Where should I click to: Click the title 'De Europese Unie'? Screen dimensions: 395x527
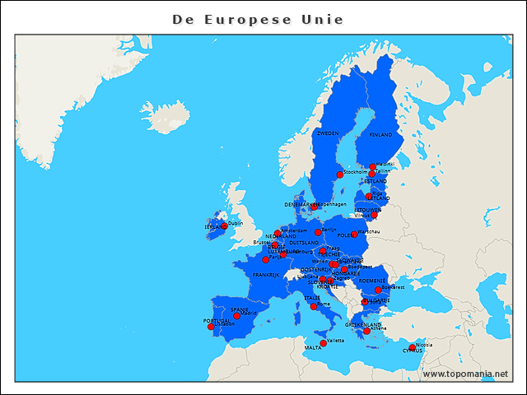tap(258, 19)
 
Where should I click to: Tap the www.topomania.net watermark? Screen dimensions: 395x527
tap(465, 374)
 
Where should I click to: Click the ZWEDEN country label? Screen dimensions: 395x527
tap(327, 132)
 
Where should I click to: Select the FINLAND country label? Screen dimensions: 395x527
tap(380, 134)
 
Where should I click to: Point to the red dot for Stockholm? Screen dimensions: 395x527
tap(339, 174)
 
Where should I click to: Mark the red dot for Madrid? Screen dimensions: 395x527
tap(236, 316)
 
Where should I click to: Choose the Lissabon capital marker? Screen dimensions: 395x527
tap(211, 327)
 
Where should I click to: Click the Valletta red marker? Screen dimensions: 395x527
tap(323, 343)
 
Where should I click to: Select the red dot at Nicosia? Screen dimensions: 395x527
tap(413, 347)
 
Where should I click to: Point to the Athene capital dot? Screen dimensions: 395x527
tap(367, 331)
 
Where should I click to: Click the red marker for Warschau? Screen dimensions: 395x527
tap(354, 235)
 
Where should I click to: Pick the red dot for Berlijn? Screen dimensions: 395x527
tap(318, 232)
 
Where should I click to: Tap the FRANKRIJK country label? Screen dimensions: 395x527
tap(266, 275)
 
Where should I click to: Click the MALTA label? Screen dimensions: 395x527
tap(313, 348)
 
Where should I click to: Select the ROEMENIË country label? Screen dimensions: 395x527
tap(372, 281)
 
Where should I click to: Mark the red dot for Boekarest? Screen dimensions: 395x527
tap(378, 290)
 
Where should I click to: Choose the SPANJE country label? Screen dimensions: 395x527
tap(240, 309)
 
